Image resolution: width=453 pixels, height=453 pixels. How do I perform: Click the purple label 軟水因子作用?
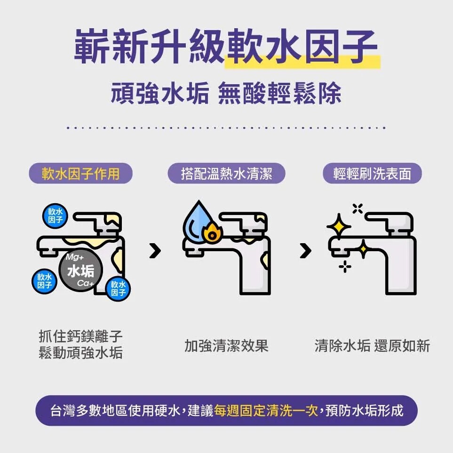(80, 174)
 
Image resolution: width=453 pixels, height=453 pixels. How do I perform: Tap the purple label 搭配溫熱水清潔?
(227, 174)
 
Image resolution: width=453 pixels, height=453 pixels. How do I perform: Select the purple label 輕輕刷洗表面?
(372, 174)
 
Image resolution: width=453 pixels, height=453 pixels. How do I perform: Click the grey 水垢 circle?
(80, 271)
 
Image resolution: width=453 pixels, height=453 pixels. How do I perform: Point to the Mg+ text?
(74, 258)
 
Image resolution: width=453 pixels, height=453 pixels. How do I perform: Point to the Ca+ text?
(85, 283)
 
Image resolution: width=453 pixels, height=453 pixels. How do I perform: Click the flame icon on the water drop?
(210, 232)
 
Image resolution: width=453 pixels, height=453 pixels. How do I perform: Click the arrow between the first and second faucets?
(155, 251)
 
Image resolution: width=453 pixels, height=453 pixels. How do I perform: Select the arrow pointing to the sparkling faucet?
(305, 251)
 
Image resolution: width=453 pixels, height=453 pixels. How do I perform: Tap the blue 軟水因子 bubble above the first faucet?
(56, 216)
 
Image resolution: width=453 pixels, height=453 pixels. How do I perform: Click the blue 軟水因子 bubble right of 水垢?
(118, 289)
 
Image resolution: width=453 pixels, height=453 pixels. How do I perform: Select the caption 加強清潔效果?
(226, 346)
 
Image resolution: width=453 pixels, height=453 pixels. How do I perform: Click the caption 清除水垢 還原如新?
(372, 346)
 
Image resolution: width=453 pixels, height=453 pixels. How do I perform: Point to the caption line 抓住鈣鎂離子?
(80, 337)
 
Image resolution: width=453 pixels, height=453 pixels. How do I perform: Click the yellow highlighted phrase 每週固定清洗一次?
(266, 411)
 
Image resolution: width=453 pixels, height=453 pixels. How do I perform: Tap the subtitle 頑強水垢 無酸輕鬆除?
(226, 94)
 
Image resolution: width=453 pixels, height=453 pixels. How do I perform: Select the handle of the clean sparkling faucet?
(388, 219)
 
